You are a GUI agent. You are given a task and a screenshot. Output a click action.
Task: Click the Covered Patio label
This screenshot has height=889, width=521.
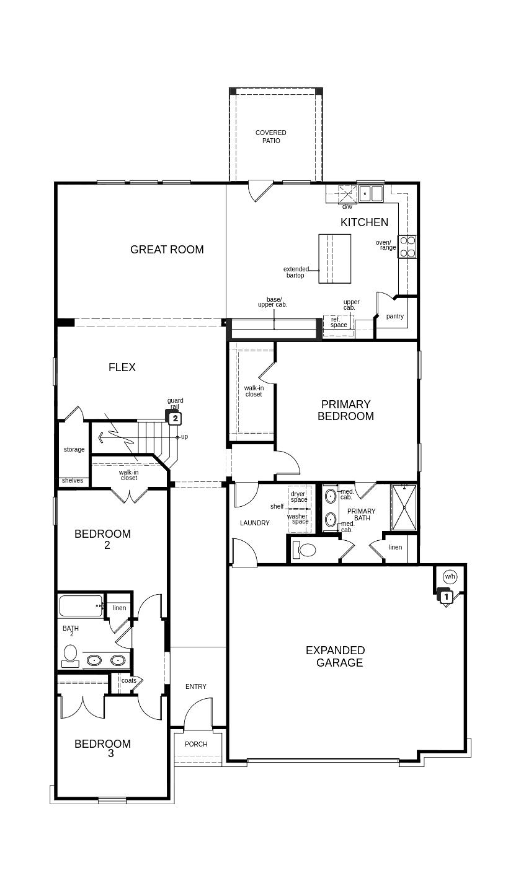[x=270, y=136]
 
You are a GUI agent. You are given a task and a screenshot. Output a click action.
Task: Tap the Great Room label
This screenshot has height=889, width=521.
[x=167, y=249]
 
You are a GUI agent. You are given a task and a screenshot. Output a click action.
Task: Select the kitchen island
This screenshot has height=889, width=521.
[x=334, y=259]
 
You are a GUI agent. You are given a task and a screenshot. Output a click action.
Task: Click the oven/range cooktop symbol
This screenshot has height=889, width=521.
[x=407, y=247]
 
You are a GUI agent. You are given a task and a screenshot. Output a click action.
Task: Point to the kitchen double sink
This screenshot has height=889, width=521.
[x=370, y=194]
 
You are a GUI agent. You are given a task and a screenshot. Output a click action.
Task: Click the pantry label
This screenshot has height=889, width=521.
[x=395, y=317]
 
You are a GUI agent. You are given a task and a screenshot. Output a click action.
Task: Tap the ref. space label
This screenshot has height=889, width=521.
[x=339, y=322]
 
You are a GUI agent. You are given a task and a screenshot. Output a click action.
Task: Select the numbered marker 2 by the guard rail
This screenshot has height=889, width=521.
[x=176, y=418]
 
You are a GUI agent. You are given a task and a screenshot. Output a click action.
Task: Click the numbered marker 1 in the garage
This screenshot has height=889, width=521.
[x=446, y=596]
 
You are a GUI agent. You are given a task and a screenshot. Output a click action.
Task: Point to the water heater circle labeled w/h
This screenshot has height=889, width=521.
[x=450, y=576]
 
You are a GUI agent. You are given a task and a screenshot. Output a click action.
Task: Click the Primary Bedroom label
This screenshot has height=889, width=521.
[x=345, y=410]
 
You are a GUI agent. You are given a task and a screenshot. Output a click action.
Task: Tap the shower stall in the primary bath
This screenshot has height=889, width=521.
[x=404, y=507]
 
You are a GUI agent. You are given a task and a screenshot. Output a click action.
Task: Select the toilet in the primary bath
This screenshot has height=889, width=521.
[x=304, y=550]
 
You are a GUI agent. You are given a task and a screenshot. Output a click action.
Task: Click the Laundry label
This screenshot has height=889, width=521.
[x=255, y=523]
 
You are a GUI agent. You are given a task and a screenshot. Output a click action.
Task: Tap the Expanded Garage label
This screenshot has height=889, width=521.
[x=336, y=657]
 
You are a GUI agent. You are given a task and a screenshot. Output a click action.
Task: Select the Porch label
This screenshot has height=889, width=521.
[x=196, y=744]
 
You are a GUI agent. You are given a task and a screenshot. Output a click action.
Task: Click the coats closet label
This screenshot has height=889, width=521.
[x=129, y=680]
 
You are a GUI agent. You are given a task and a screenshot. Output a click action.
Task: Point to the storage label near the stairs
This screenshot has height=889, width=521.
[x=74, y=449]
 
